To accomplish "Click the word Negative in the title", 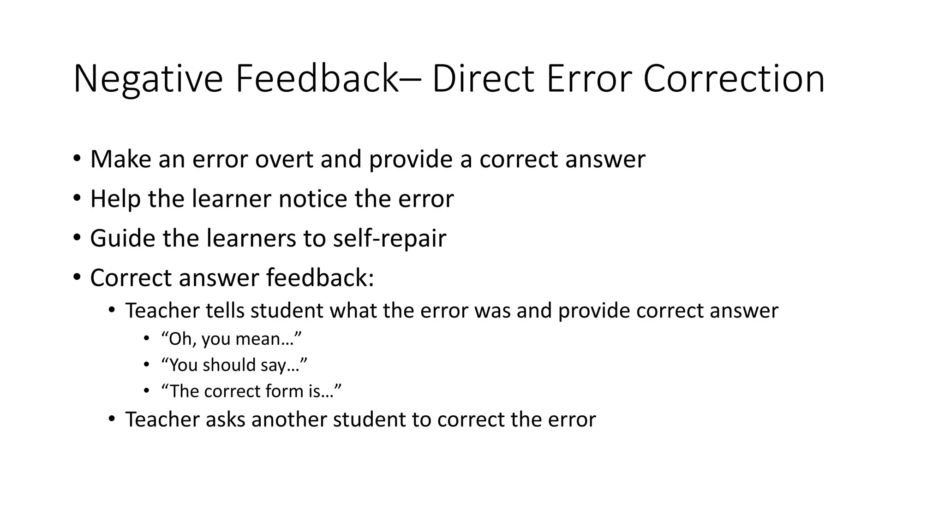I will pyautogui.click(x=148, y=79).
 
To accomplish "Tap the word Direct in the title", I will pyautogui.click(x=483, y=79).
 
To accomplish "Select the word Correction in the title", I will pyautogui.click(x=734, y=79).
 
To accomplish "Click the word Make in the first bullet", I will pyautogui.click(x=121, y=159).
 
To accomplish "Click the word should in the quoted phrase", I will pyautogui.click(x=229, y=365).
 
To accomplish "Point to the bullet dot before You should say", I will pyautogui.click(x=146, y=365).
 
